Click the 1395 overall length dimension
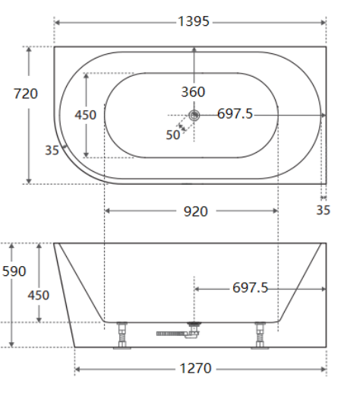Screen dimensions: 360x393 point(194,21)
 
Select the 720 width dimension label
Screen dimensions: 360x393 point(26,93)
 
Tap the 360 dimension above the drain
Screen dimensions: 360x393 point(193,92)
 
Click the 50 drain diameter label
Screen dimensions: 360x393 point(173,135)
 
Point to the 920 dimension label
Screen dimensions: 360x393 point(196,211)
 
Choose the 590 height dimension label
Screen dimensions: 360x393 point(14,271)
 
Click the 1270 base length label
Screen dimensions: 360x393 point(195,368)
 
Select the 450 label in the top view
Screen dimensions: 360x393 point(85,115)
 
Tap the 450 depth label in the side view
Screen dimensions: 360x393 point(39,295)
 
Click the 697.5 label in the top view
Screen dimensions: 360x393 point(235,113)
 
